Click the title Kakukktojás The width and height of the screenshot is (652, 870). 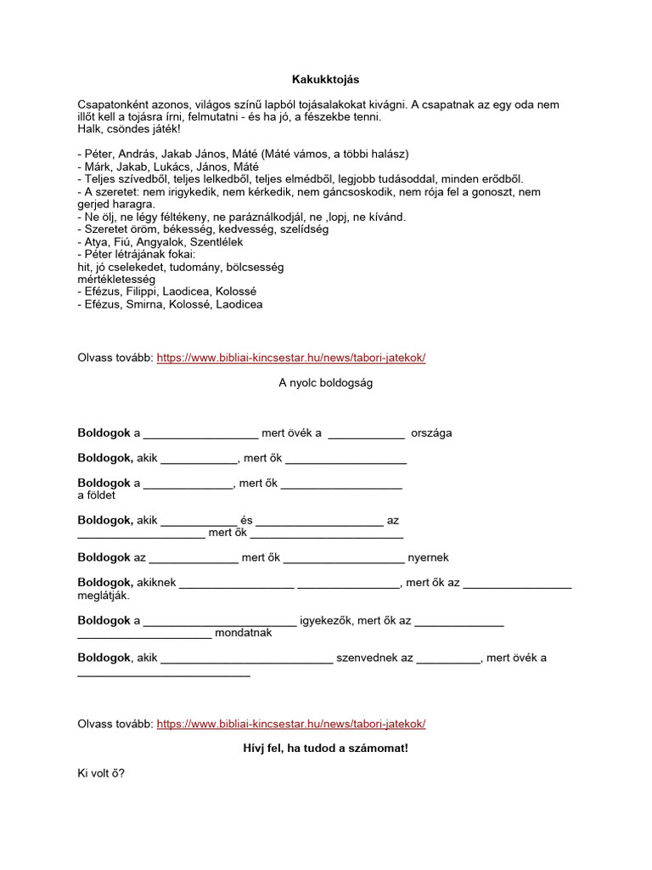(x=326, y=80)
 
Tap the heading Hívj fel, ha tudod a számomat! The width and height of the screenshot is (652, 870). (x=326, y=749)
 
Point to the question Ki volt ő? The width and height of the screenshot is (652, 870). (x=101, y=775)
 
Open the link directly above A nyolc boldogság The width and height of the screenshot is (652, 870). (x=291, y=358)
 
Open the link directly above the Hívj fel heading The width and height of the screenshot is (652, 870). (x=291, y=724)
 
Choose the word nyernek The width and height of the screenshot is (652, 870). (x=429, y=558)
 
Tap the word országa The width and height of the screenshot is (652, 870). (x=431, y=433)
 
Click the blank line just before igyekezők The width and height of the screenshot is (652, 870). (x=220, y=622)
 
